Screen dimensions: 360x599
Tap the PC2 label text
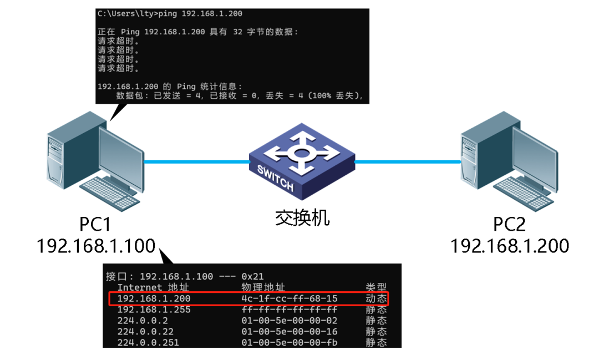509,225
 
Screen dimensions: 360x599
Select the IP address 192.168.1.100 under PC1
95,245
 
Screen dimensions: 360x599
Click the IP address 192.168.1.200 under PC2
510,245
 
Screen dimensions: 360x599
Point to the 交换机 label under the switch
302,218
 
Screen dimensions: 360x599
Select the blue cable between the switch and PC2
408,162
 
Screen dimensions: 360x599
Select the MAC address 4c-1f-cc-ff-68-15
289,298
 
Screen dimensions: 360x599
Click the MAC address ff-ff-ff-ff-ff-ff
289,310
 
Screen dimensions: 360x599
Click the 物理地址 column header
263,287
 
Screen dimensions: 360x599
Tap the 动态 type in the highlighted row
376,298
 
